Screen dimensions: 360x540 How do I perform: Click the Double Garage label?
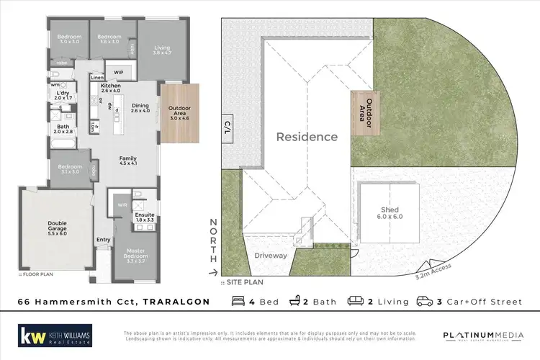tap(56, 227)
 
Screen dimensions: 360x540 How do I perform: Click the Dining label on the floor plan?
tap(140, 108)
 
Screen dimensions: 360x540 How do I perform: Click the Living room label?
tap(162, 50)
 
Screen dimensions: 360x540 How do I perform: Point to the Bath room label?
tap(63, 129)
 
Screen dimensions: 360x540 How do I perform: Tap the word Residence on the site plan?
tap(307, 137)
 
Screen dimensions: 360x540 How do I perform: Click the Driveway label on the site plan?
tap(271, 256)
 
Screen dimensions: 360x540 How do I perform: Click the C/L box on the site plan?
tap(228, 126)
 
